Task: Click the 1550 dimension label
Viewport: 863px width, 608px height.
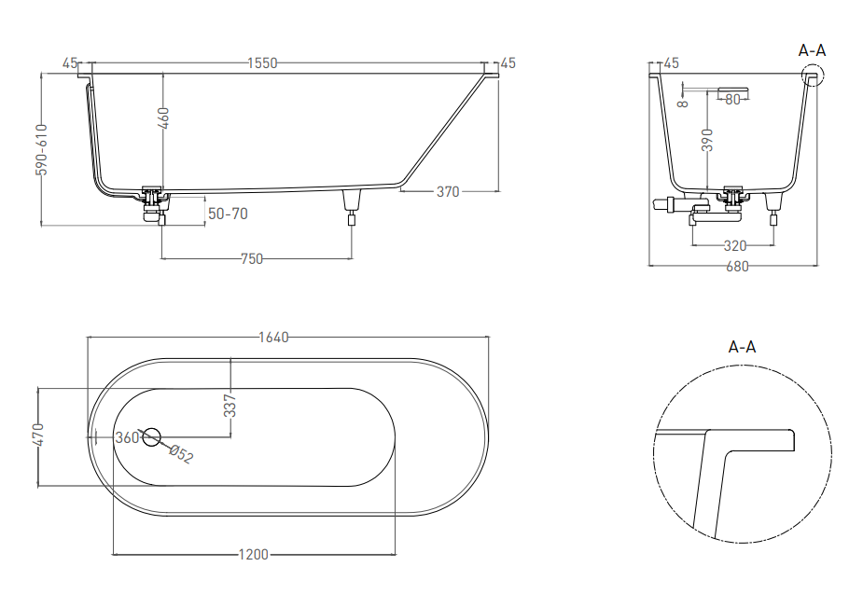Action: point(262,63)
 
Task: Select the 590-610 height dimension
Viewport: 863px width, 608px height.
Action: point(42,149)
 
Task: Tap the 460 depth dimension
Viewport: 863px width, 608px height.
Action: point(163,118)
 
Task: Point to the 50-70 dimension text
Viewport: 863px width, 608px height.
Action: point(228,214)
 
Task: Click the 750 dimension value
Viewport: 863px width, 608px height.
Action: point(252,258)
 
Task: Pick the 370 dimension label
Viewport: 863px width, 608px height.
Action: point(448,191)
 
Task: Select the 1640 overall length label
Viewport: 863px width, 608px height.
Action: point(273,337)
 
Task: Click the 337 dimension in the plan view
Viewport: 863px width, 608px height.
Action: point(230,406)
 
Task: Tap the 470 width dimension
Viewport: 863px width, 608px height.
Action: point(38,435)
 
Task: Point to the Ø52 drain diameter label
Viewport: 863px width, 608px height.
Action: point(181,454)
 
